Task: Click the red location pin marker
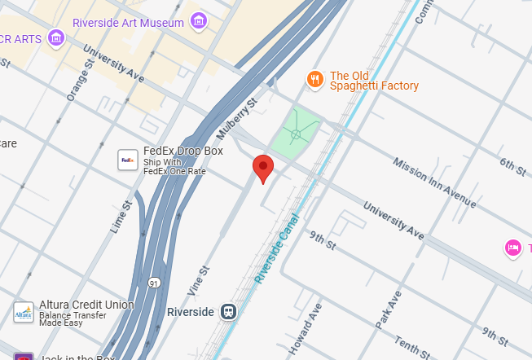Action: (262, 168)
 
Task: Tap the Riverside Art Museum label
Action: (128, 23)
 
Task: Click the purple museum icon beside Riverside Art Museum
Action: (198, 20)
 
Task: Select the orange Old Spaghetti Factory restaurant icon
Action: (314, 79)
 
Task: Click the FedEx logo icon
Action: (128, 160)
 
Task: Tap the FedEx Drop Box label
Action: (182, 151)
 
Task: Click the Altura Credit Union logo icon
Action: (24, 311)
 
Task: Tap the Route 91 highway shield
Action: (153, 283)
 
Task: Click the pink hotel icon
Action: (513, 248)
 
